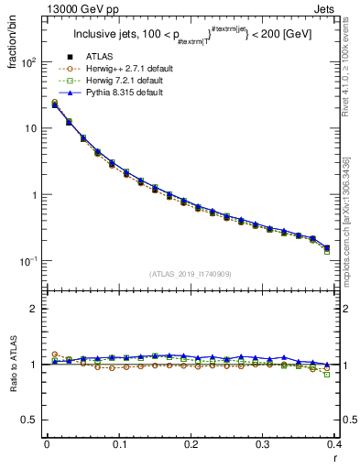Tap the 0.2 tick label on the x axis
tap(191, 444)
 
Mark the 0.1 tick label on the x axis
tap(119, 444)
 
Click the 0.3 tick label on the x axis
tap(262, 444)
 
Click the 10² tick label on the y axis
tap(29, 62)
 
